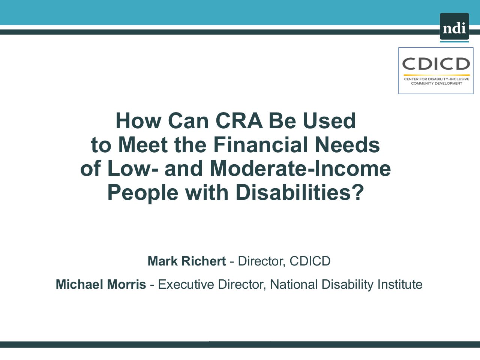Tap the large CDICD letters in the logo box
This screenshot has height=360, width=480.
[436, 64]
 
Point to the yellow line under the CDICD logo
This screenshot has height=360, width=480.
[436, 75]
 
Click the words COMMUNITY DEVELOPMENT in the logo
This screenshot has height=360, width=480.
[436, 83]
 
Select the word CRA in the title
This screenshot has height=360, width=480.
[239, 121]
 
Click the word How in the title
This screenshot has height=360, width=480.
[138, 121]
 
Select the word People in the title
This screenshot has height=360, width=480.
[143, 193]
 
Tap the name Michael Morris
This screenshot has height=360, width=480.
[101, 284]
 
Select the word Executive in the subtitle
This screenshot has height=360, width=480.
[186, 284]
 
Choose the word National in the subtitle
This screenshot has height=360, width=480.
[294, 284]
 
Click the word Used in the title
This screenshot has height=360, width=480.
[329, 121]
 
